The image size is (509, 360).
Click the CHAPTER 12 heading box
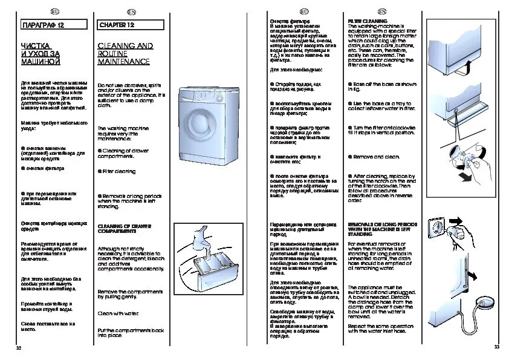click(x=131, y=25)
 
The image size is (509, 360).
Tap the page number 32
click(x=18, y=347)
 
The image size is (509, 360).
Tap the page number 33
click(x=496, y=347)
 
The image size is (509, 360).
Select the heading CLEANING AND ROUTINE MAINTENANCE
click(x=125, y=53)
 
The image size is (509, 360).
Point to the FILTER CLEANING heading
click(x=367, y=21)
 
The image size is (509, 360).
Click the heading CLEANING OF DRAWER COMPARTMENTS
click(x=125, y=229)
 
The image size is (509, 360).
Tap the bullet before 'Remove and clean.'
click(x=350, y=156)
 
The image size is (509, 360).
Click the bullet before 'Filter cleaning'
click(x=99, y=171)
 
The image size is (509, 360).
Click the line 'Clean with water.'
click(x=118, y=313)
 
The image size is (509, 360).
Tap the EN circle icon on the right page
click(x=381, y=11)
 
